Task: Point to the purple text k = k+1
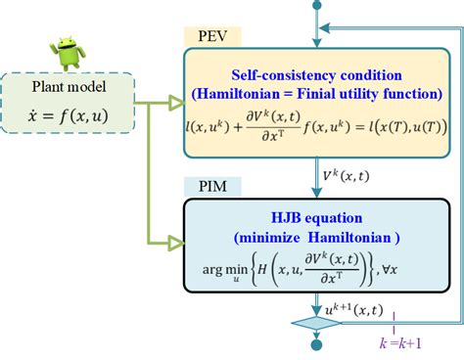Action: [x=402, y=343]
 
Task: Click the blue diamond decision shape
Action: [x=316, y=323]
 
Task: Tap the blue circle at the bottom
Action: [x=316, y=345]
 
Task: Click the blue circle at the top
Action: [x=315, y=5]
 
